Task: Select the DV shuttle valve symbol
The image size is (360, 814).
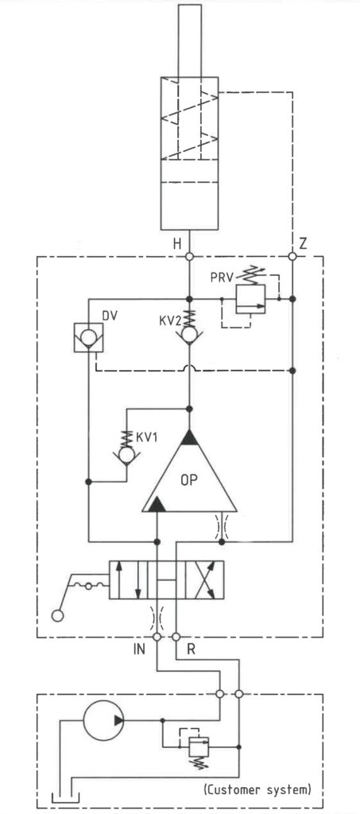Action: click(x=88, y=337)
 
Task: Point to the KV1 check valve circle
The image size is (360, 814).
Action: click(x=126, y=455)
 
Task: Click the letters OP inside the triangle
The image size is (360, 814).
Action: click(x=190, y=479)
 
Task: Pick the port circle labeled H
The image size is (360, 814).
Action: click(x=189, y=257)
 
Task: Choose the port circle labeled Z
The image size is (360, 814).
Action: click(x=292, y=257)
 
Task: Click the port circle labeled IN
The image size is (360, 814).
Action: click(x=157, y=637)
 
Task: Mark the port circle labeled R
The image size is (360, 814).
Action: click(x=176, y=637)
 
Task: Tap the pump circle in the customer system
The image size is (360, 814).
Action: click(x=104, y=720)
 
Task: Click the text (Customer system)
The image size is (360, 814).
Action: click(x=257, y=790)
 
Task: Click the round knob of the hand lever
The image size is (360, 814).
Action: click(x=57, y=616)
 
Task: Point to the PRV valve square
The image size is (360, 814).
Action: click(x=250, y=299)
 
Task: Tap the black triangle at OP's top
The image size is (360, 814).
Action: click(x=189, y=438)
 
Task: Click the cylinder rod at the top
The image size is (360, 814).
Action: click(x=189, y=41)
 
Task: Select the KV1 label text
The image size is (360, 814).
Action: click(x=147, y=436)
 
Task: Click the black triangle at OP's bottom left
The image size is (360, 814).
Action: click(x=155, y=504)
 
